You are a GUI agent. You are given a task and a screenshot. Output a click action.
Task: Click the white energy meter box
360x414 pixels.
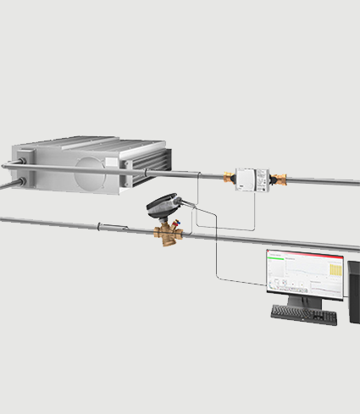[x=252, y=179]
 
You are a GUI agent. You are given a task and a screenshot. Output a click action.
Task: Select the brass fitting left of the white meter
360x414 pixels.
[x=228, y=179]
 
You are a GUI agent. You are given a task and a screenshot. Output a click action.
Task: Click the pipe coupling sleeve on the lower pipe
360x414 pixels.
[x=111, y=226]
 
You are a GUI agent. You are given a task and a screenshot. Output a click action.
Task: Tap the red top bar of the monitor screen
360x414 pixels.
[x=305, y=252]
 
